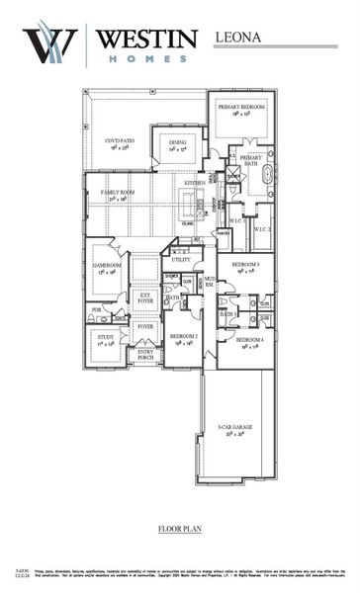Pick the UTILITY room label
point(180,260)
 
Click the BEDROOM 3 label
point(245,266)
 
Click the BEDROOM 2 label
point(184,338)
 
